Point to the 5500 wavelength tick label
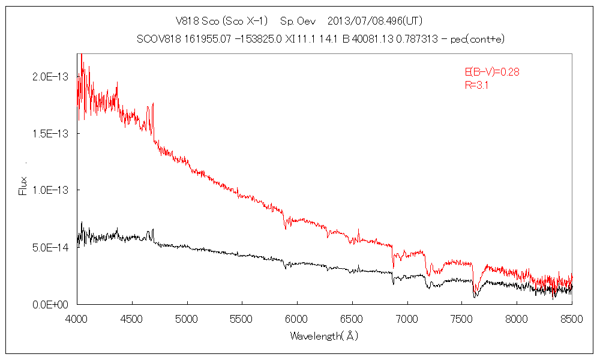click(242, 317)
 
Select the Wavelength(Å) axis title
click(324, 336)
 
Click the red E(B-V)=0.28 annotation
click(492, 72)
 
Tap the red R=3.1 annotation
click(477, 85)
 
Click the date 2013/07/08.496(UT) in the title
click(376, 21)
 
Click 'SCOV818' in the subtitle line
click(155, 40)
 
